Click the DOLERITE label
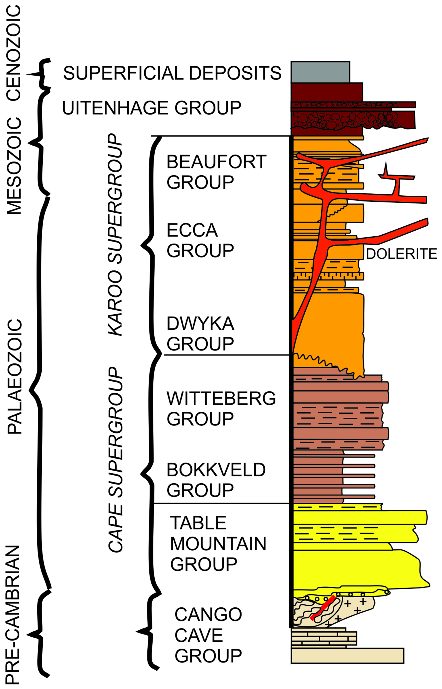(401, 254)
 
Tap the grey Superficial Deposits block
(320, 72)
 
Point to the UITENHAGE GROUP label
(152, 108)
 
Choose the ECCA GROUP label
(200, 240)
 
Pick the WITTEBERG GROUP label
(221, 408)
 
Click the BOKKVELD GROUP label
(216, 480)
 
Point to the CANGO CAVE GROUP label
(208, 635)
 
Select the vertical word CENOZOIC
(14, 53)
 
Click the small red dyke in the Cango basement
(323, 607)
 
